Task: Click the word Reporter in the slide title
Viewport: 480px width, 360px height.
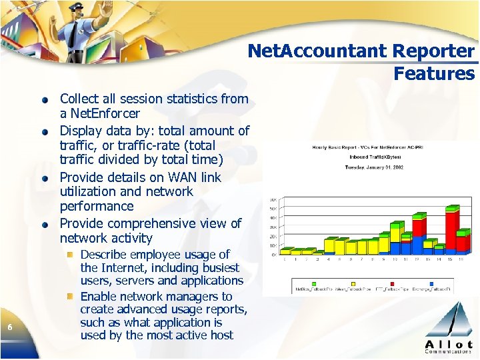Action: (434, 51)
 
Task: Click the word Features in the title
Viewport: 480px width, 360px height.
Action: (434, 73)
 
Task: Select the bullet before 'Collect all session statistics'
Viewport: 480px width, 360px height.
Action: (44, 100)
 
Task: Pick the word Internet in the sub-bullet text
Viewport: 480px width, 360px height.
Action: (126, 267)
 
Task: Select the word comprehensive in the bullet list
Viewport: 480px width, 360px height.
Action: (150, 223)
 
